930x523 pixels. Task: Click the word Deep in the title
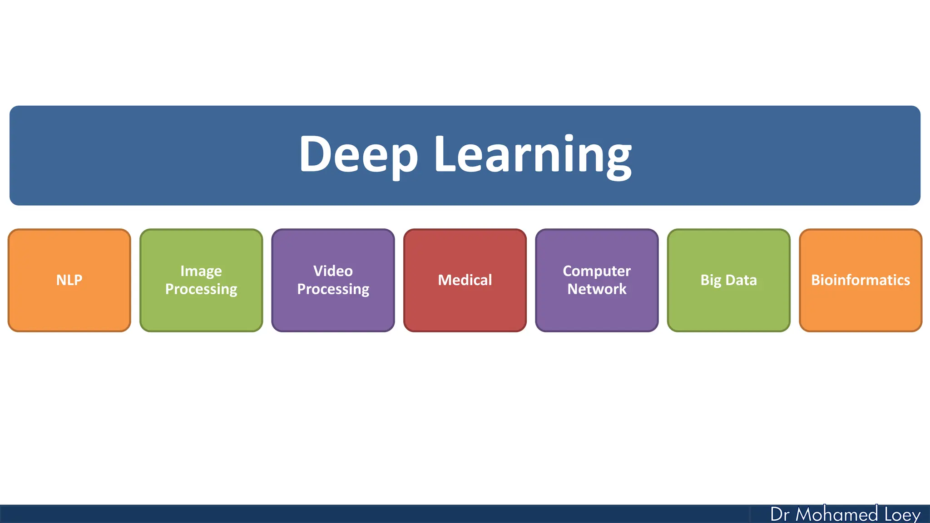pyautogui.click(x=358, y=154)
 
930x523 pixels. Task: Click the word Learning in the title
pyautogui.click(x=532, y=154)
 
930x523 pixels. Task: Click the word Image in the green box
pyautogui.click(x=201, y=271)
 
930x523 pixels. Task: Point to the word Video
pyautogui.click(x=333, y=271)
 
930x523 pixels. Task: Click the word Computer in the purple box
pyautogui.click(x=597, y=271)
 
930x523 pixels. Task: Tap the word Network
pyautogui.click(x=597, y=289)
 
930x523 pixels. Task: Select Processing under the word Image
pyautogui.click(x=201, y=289)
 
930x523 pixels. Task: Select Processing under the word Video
pyautogui.click(x=333, y=289)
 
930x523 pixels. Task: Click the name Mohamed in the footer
pyautogui.click(x=836, y=514)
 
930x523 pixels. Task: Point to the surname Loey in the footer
pyautogui.click(x=902, y=514)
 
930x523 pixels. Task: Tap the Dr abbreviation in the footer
pyautogui.click(x=780, y=514)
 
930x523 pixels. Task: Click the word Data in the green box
pyautogui.click(x=741, y=280)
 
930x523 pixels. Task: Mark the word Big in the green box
pyautogui.click(x=711, y=280)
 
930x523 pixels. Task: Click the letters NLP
pyautogui.click(x=69, y=280)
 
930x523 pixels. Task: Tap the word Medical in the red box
pyautogui.click(x=465, y=280)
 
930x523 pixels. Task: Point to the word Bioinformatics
pyautogui.click(x=861, y=280)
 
